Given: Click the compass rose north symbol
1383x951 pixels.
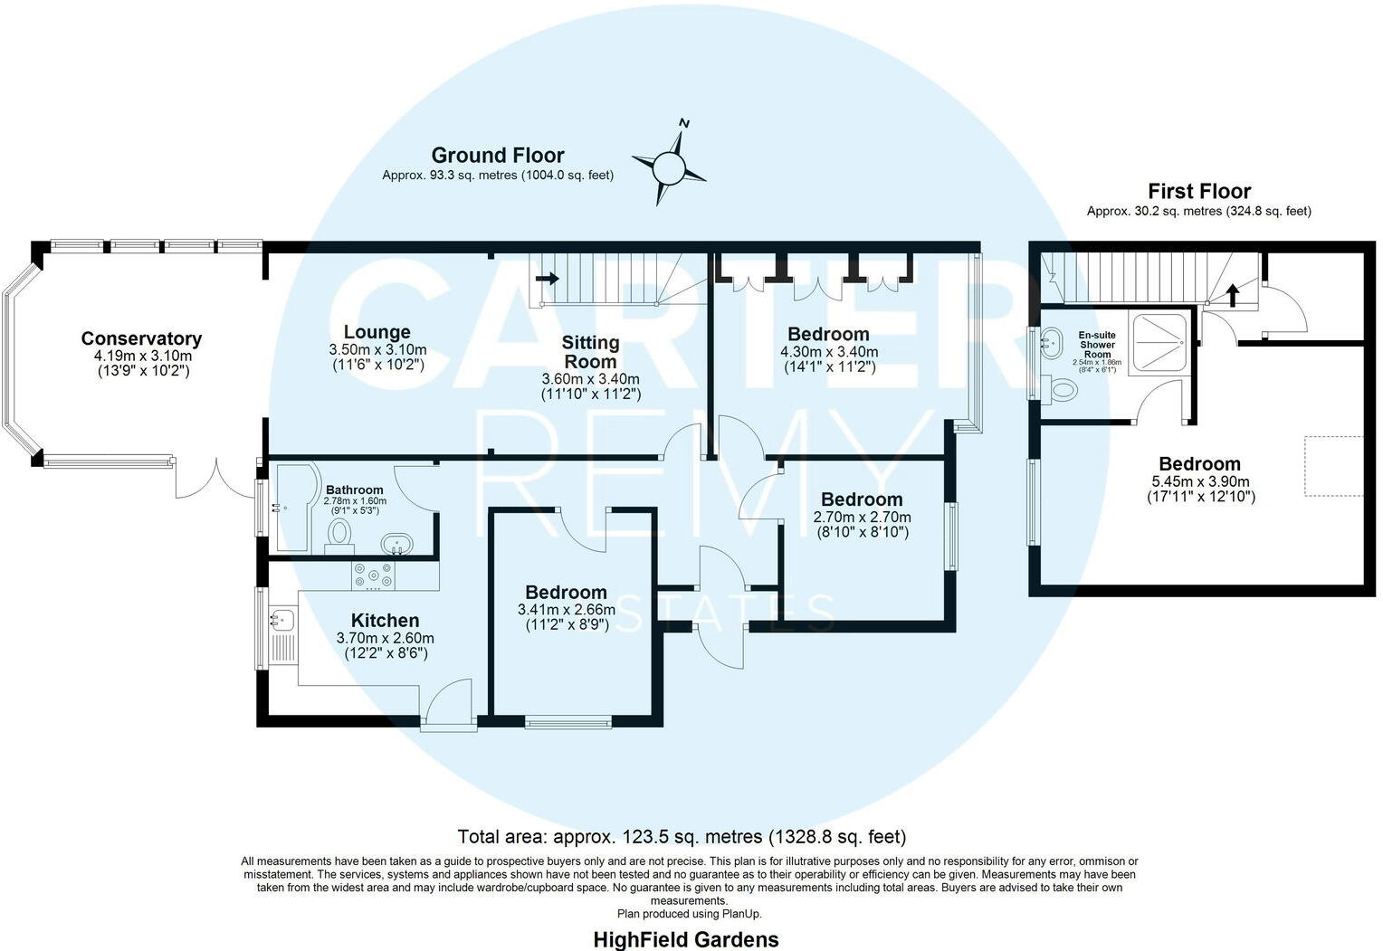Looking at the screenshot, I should tap(669, 166).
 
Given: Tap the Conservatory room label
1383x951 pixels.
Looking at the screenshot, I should tap(141, 338).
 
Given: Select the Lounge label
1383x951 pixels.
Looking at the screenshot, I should tap(377, 332).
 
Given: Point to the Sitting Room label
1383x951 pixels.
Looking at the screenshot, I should tap(590, 352).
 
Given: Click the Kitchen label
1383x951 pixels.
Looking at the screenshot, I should tap(385, 621).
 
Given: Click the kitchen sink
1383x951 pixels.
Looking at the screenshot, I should tap(281, 620).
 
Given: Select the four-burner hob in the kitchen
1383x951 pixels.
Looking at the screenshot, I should tap(374, 575).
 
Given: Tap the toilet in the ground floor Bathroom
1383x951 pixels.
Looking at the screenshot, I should tap(339, 533).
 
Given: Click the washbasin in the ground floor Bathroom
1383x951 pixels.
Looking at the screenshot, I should tap(397, 544).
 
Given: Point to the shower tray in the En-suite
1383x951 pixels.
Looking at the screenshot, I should tap(1159, 342).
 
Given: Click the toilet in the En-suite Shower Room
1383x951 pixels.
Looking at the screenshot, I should tap(1062, 391).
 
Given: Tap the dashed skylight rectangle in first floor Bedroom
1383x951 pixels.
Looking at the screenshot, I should tap(1333, 465).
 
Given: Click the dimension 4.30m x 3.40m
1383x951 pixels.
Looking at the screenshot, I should tap(828, 352).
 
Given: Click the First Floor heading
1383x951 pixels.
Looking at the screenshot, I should tap(1198, 191).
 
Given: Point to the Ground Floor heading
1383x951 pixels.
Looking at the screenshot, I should tap(497, 155).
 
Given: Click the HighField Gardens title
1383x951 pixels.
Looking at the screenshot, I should tap(685, 939).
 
